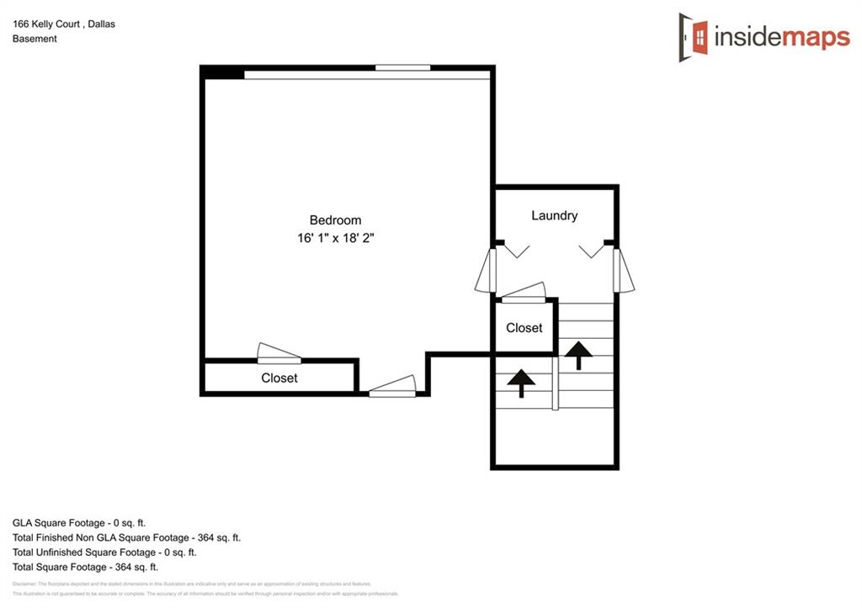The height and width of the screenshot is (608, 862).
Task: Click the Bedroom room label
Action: click(335, 220)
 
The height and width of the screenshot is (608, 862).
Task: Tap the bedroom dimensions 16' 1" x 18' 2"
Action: click(335, 238)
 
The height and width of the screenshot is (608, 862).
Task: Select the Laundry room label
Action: click(555, 215)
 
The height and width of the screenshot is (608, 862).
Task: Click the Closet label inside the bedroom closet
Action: click(279, 378)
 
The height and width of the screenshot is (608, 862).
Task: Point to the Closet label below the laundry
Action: click(524, 328)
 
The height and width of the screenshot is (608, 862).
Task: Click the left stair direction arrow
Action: click(521, 383)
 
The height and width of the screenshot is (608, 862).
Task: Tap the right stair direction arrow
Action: click(578, 354)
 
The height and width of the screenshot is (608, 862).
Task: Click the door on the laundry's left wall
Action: click(485, 270)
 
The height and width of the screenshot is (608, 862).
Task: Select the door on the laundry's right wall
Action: click(623, 270)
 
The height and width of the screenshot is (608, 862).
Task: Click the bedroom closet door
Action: click(279, 354)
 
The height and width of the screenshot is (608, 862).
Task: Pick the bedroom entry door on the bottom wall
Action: click(392, 386)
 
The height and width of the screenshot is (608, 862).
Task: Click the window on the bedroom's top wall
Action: click(402, 67)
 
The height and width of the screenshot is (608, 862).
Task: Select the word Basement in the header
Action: click(35, 39)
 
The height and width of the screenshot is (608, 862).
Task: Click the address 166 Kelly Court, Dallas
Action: click(64, 24)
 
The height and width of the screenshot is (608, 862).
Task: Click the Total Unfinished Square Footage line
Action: click(104, 552)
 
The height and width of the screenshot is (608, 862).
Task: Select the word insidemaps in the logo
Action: click(782, 37)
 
